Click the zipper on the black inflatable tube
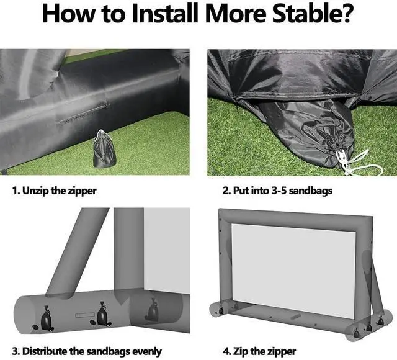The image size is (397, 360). click(x=83, y=113)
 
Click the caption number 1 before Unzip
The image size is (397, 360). click(x=16, y=191)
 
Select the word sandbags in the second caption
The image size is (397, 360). click(x=311, y=191)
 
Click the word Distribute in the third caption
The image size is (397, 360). click(x=45, y=351)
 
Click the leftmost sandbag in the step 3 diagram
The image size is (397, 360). click(x=47, y=319)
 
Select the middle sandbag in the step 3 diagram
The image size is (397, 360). click(x=102, y=315)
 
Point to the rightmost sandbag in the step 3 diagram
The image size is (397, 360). click(x=153, y=309)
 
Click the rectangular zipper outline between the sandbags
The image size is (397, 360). click(x=85, y=315)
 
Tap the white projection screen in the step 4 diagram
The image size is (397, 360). click(x=293, y=271)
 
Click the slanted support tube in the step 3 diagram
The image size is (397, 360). click(x=77, y=252)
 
